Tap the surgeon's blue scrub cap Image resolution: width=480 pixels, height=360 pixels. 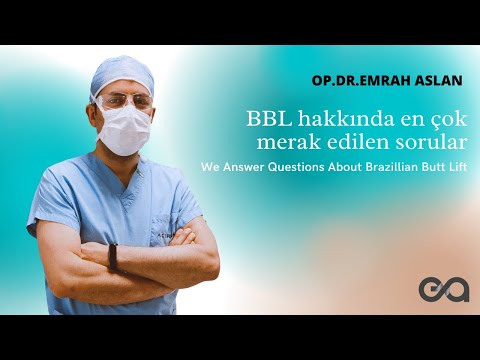[x=123, y=76]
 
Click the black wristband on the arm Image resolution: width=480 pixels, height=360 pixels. [x=112, y=257]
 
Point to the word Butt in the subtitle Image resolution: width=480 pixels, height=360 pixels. [x=429, y=167]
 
